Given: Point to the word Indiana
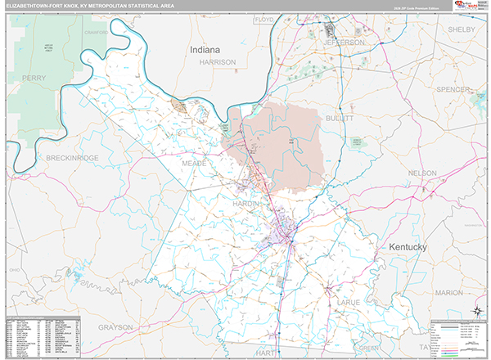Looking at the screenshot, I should coord(205,50).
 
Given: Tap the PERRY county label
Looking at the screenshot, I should coord(34,78).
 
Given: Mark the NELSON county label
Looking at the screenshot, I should coord(422,173).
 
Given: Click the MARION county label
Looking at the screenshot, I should coord(448,292).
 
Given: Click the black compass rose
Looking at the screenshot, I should coord(477,311).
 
